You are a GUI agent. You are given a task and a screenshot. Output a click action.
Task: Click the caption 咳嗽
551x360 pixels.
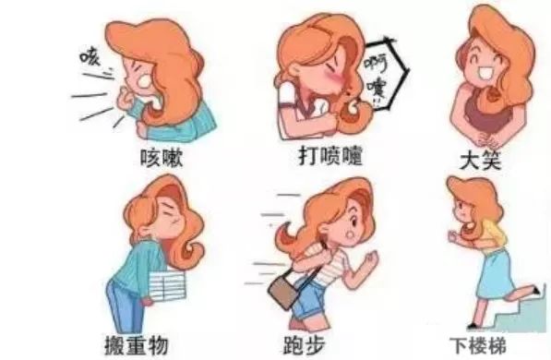(162, 158)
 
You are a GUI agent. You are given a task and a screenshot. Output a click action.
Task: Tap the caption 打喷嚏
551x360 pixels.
(330, 156)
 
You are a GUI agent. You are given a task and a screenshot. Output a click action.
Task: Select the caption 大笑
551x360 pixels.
(480, 161)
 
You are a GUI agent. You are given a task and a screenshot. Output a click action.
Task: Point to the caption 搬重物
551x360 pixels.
(137, 345)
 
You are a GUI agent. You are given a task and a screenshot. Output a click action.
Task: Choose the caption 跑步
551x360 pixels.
(305, 345)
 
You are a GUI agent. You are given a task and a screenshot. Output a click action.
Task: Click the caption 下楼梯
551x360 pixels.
(479, 345)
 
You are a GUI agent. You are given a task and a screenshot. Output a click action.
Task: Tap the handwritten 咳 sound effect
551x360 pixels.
(90, 57)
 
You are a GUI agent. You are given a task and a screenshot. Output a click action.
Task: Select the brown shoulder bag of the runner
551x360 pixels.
(284, 291)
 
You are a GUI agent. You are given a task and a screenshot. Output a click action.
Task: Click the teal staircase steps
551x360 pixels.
(520, 314)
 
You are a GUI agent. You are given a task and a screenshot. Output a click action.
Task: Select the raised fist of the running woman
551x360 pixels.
(370, 259)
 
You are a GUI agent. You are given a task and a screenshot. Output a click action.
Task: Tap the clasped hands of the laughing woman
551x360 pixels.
(487, 140)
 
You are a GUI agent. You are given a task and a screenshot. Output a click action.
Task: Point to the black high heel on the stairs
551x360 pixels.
(536, 290)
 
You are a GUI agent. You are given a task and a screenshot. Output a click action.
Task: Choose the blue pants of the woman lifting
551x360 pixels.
(121, 306)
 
